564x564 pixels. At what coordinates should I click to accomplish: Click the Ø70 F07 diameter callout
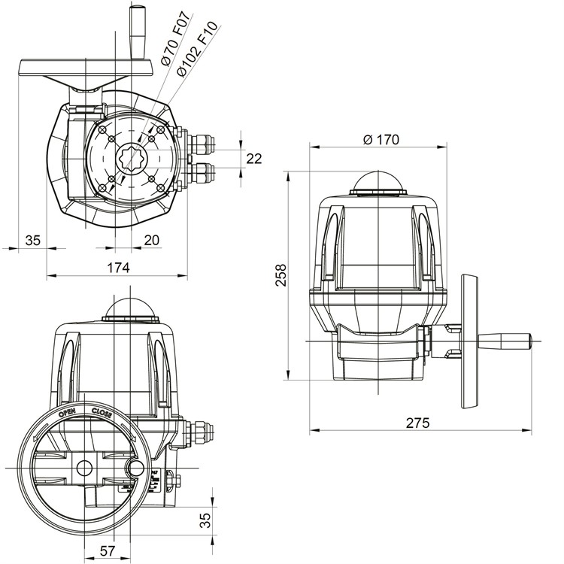tap(175, 38)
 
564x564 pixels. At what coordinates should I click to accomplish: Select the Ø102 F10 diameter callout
tap(197, 49)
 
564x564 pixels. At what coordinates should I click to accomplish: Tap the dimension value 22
tap(254, 159)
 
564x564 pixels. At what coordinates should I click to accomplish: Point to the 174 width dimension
tap(118, 268)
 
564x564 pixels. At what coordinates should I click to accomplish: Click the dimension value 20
tap(151, 240)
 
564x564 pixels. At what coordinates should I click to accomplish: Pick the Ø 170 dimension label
tap(381, 139)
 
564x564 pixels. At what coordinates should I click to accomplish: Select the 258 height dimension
tap(281, 275)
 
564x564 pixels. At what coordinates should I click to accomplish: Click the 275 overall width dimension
tap(417, 423)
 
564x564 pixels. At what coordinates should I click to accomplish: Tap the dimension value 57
tap(108, 550)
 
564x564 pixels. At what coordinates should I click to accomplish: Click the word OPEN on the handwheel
tap(67, 413)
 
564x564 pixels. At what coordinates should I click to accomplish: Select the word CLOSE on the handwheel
tap(102, 413)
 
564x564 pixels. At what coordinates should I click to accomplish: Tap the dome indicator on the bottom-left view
tap(131, 306)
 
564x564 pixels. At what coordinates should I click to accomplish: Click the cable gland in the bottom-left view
tap(199, 429)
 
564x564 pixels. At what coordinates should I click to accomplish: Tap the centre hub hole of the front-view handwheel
tap(84, 468)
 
